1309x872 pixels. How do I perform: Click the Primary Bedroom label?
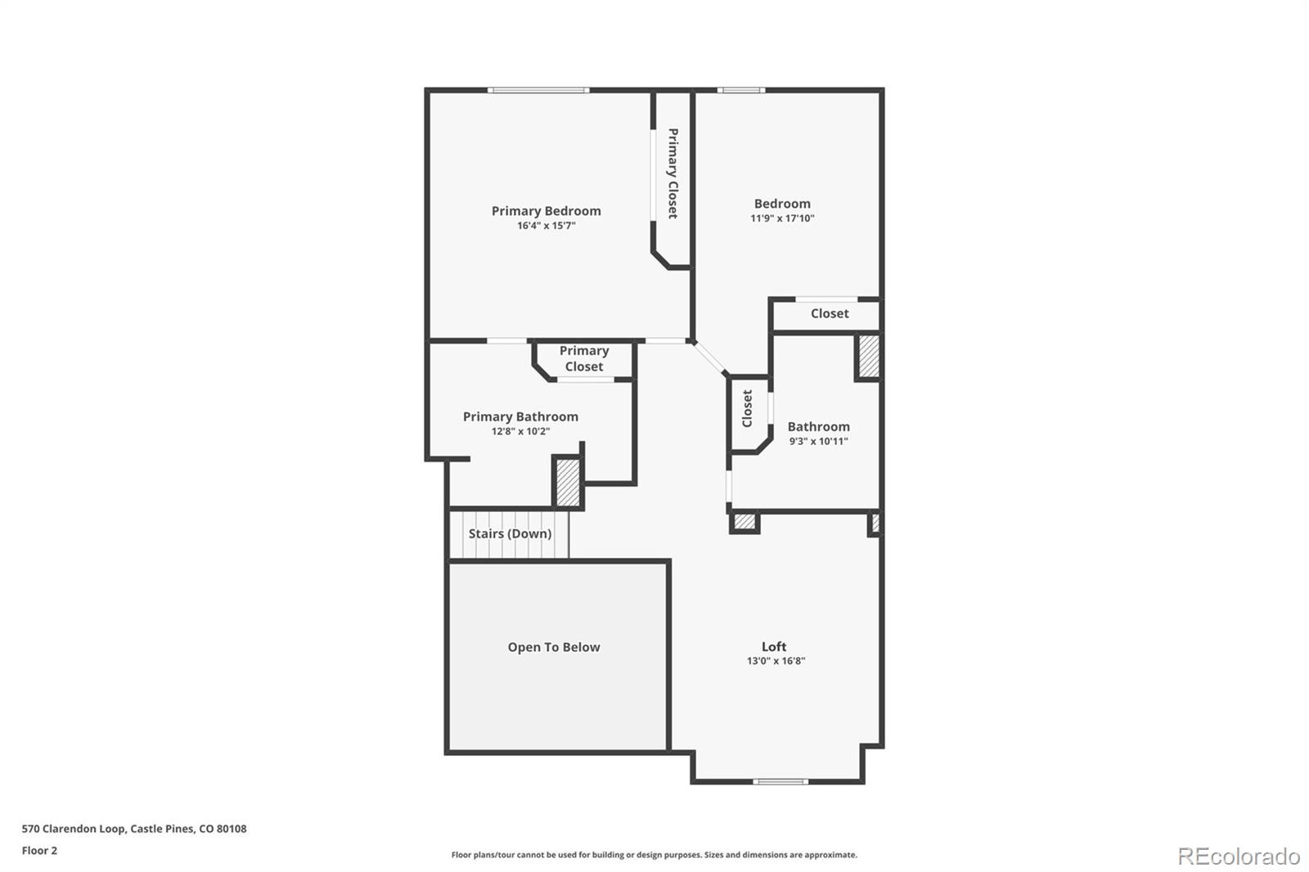coord(546,211)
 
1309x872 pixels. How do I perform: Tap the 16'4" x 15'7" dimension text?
coord(546,226)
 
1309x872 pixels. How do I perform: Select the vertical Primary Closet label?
coord(672,173)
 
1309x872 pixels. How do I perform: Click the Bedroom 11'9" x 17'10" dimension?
coord(782,218)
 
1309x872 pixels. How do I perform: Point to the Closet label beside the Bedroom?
coord(830,314)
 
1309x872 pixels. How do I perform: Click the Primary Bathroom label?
coord(520,417)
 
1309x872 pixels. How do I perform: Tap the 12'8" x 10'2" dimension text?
coord(520,432)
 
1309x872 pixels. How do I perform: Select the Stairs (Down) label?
coord(510,534)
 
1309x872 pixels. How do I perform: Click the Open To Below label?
coord(554,648)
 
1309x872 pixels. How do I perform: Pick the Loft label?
coord(774,647)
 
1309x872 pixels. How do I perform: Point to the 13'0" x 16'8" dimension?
coord(776,661)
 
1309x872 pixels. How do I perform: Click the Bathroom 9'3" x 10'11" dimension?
coord(818,442)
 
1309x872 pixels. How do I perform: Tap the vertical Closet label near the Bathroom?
coord(747,408)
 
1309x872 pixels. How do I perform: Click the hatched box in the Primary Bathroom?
coord(568,483)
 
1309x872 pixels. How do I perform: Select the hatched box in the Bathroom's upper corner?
coord(868,357)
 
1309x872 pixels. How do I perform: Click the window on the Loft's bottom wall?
coord(780,782)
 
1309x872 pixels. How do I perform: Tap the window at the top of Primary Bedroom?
coord(538,90)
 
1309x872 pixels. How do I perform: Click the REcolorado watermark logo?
coord(1238,856)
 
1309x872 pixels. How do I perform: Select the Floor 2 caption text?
coord(39,851)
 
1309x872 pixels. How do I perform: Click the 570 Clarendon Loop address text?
coord(134,829)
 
